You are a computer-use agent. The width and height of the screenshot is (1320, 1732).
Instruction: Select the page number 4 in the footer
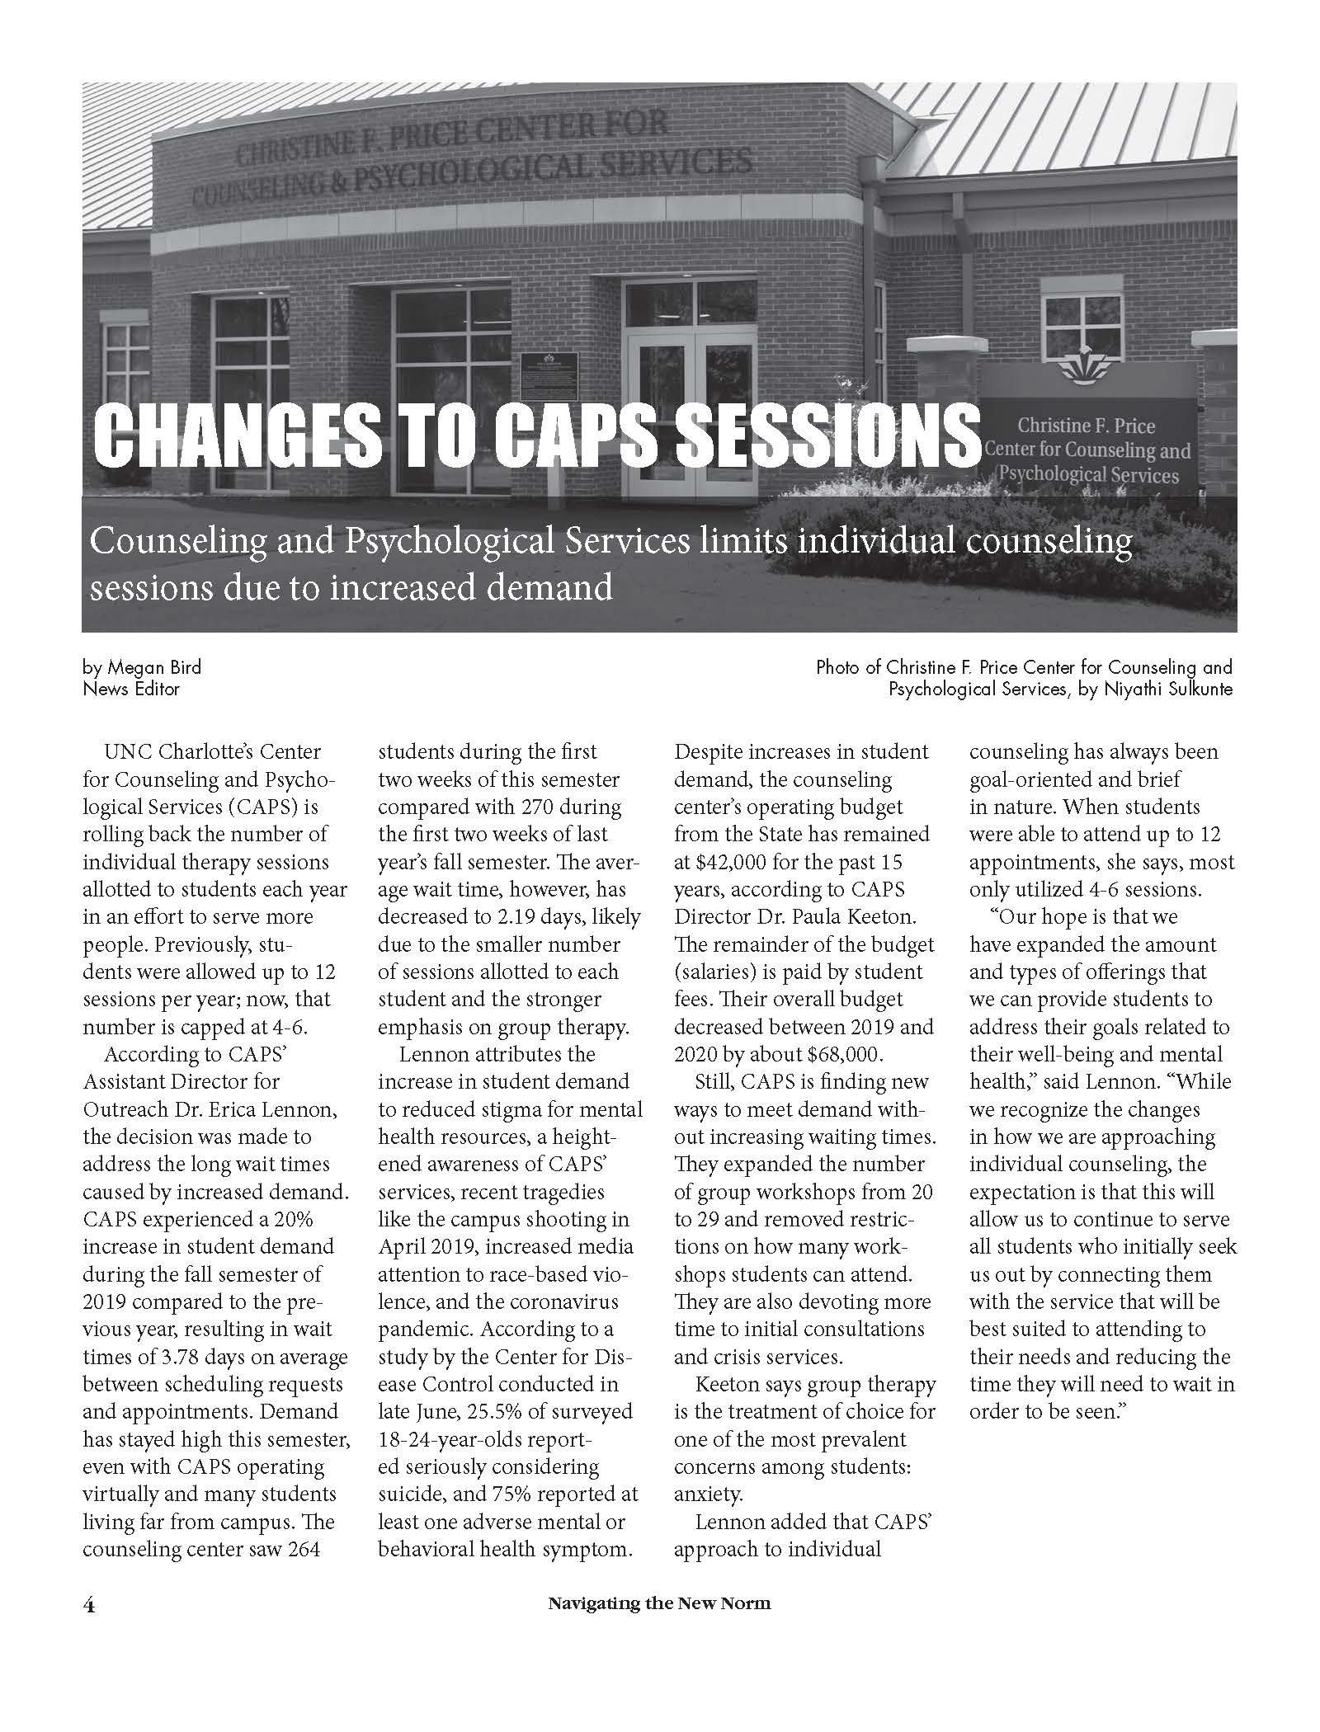pyautogui.click(x=89, y=1627)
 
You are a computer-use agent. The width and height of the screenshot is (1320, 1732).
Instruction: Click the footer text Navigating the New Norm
pyautogui.click(x=659, y=1627)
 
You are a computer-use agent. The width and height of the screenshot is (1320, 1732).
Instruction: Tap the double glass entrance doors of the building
pyautogui.click(x=690, y=412)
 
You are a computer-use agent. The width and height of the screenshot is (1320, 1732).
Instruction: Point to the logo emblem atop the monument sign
pyautogui.click(x=1086, y=369)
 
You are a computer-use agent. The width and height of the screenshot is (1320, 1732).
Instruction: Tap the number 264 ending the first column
pyautogui.click(x=303, y=1549)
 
